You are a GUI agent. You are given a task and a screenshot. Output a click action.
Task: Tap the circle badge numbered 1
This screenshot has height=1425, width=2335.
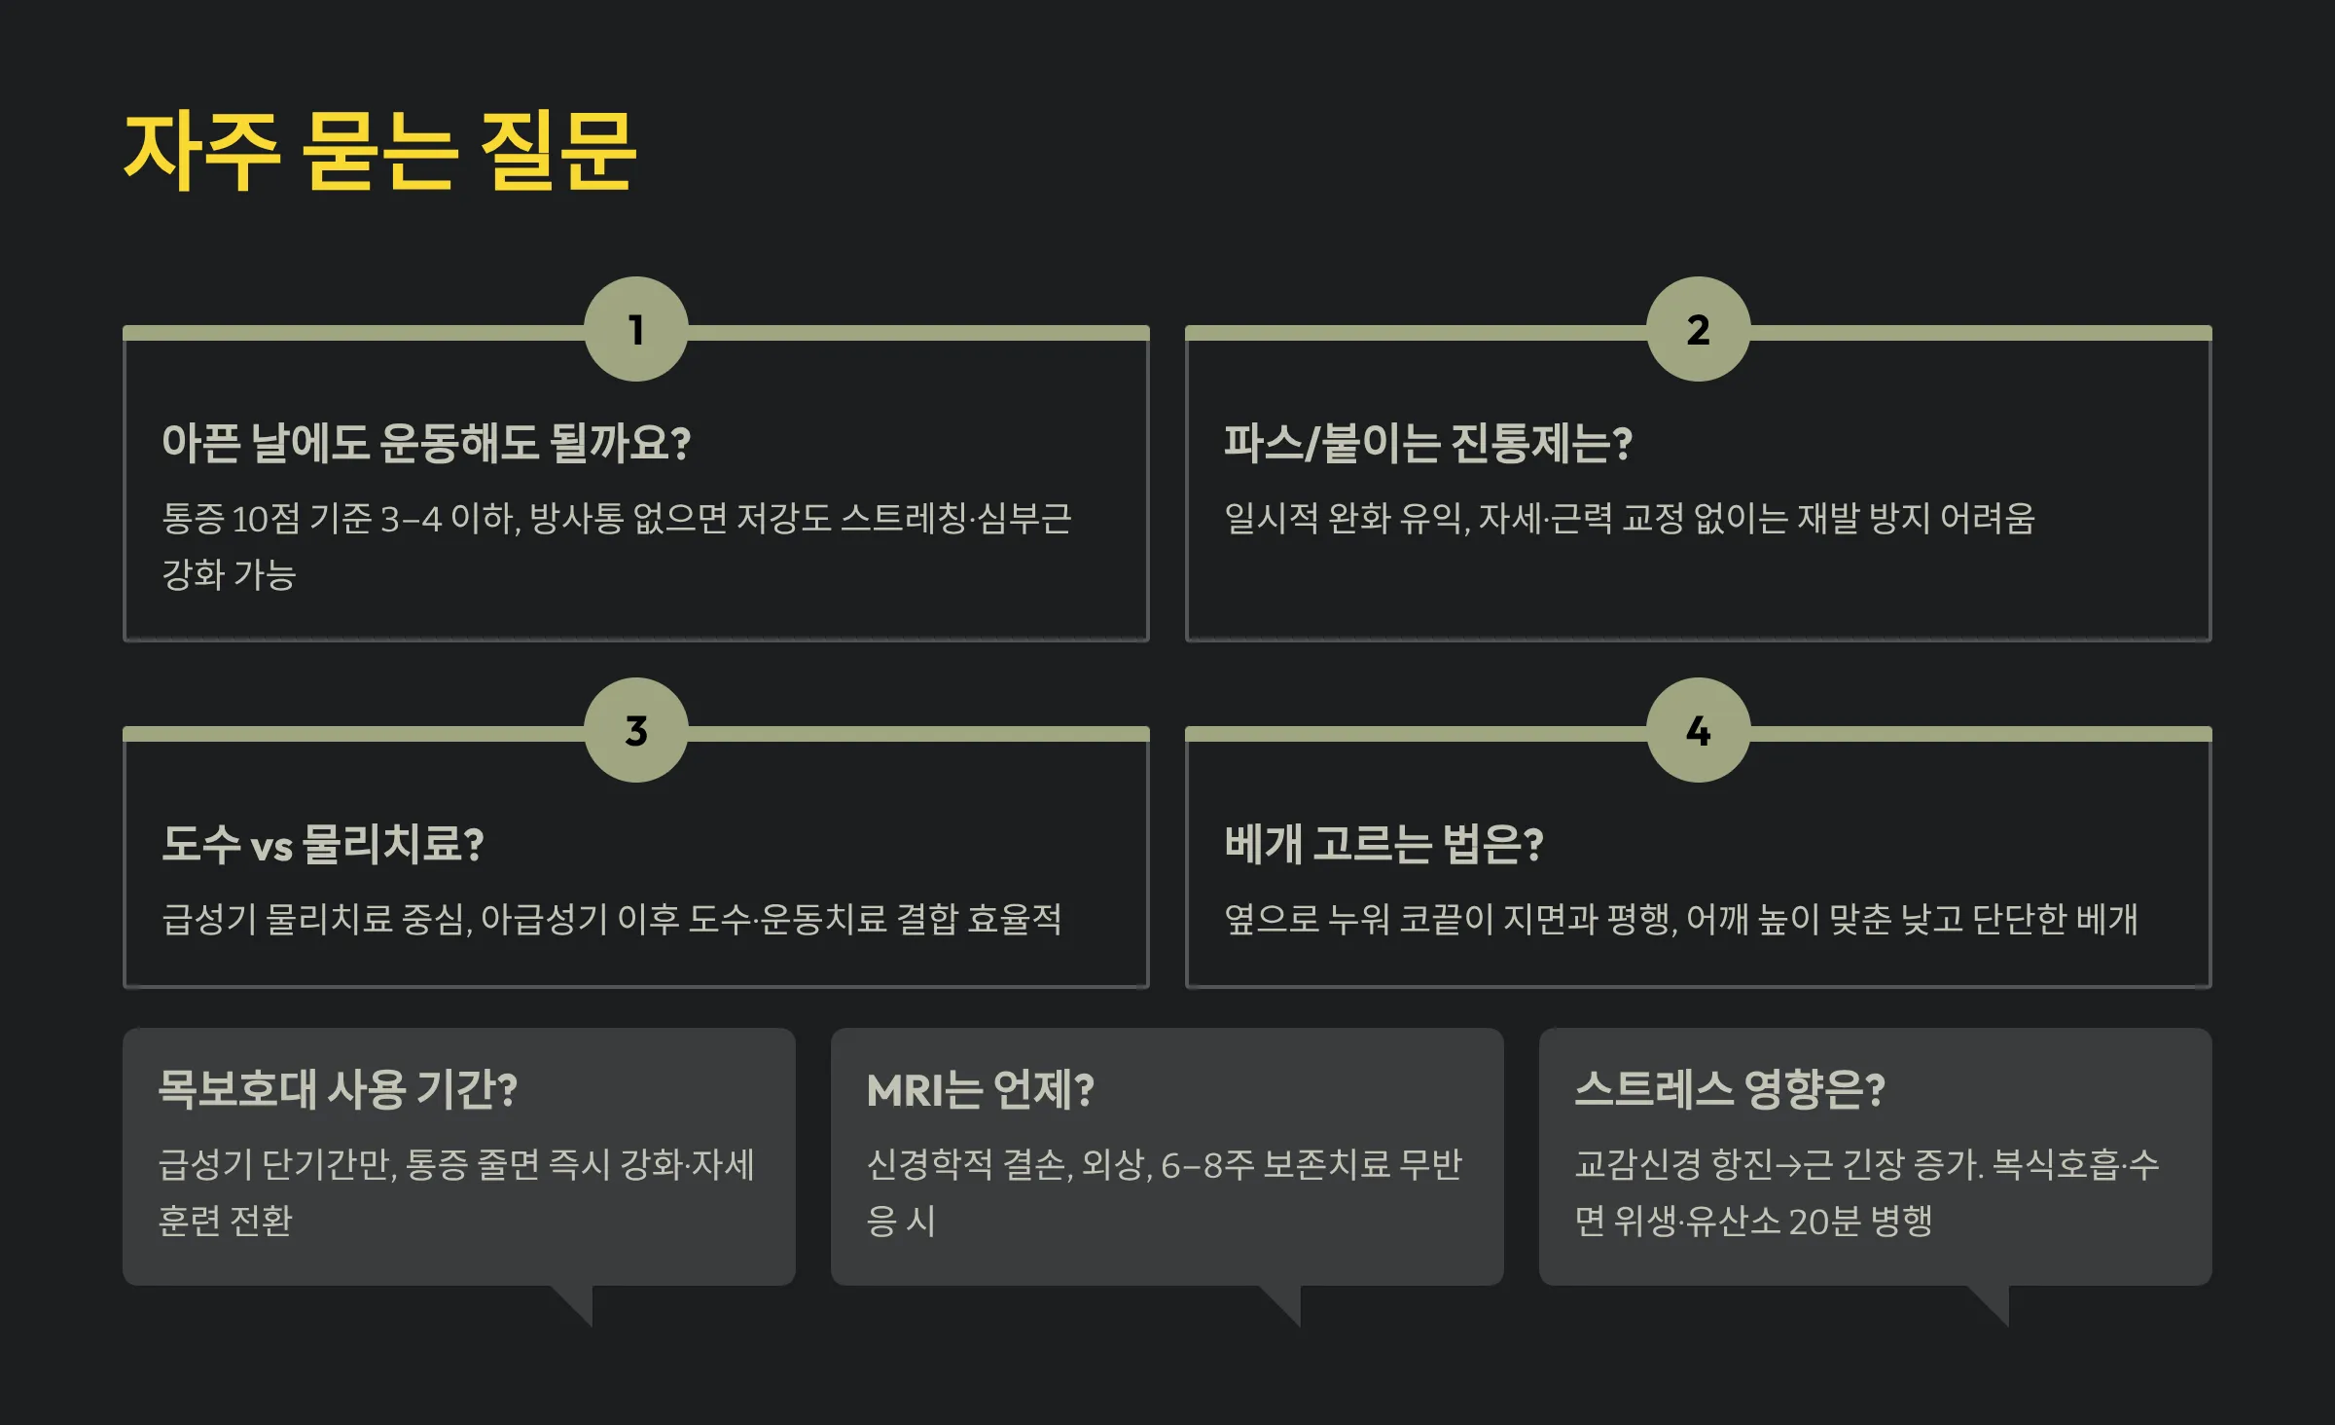pyautogui.click(x=636, y=329)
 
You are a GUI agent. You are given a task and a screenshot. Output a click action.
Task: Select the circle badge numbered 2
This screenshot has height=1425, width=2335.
pyautogui.click(x=1698, y=329)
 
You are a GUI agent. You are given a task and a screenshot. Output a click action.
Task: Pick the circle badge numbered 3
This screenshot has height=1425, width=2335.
pyautogui.click(x=636, y=730)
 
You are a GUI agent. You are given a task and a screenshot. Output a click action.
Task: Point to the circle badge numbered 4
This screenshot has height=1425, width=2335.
pyautogui.click(x=1698, y=730)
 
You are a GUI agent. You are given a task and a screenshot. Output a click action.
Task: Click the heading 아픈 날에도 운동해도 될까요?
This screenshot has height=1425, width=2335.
pyautogui.click(x=426, y=443)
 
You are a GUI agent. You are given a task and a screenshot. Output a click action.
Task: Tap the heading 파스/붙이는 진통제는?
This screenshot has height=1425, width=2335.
pyautogui.click(x=1427, y=443)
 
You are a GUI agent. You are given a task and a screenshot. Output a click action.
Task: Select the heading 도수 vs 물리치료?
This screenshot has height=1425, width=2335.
pyautogui.click(x=323, y=844)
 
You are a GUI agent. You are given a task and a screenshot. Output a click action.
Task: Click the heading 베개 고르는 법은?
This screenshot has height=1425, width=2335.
pyautogui.click(x=1383, y=844)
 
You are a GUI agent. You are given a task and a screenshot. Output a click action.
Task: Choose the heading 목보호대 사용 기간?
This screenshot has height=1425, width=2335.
pyautogui.click(x=338, y=1089)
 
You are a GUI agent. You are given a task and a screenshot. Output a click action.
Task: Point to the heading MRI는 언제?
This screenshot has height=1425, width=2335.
pyautogui.click(x=980, y=1089)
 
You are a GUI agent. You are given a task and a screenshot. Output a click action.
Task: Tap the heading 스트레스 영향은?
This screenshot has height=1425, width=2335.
pyautogui.click(x=1729, y=1089)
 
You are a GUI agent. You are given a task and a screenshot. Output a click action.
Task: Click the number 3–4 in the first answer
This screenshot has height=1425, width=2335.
pyautogui.click(x=411, y=519)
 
